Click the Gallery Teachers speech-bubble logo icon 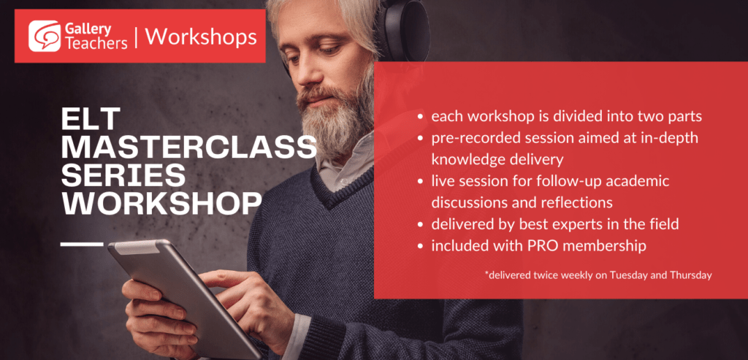coord(45,37)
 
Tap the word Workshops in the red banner coord(201,37)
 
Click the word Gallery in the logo coord(88,29)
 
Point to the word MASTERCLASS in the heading coord(189,147)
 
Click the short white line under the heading coord(82,244)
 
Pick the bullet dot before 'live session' coord(420,182)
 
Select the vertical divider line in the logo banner coord(137,37)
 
